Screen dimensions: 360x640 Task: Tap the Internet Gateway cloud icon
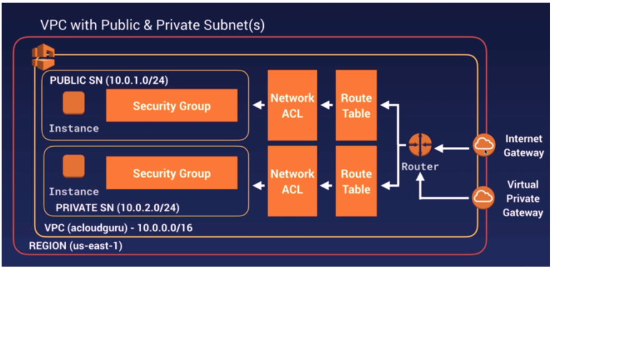click(484, 146)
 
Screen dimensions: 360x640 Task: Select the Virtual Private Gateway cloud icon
click(484, 197)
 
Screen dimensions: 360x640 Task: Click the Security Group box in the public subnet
click(172, 106)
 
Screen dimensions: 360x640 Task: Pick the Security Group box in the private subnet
click(172, 173)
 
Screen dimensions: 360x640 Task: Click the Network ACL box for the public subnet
click(292, 105)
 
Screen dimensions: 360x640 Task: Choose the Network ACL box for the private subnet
click(292, 181)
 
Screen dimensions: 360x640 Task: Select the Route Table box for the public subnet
click(356, 105)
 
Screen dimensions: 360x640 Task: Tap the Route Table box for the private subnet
click(356, 181)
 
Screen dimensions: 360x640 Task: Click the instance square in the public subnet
click(74, 104)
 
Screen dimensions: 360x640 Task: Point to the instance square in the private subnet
click(74, 167)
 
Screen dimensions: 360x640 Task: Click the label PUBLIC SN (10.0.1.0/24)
click(109, 81)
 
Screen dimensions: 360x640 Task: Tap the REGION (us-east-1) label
click(76, 246)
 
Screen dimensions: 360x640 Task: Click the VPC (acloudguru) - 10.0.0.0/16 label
click(118, 228)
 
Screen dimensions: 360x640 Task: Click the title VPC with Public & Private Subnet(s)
click(152, 26)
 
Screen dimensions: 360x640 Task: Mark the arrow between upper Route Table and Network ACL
click(326, 106)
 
